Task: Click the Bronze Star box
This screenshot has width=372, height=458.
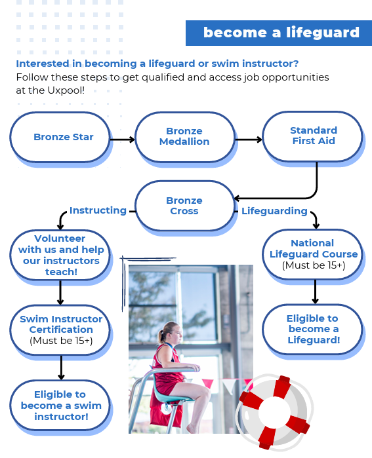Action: [x=60, y=137]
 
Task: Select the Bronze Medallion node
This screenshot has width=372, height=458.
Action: [x=185, y=137]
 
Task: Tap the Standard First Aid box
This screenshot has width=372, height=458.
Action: [x=313, y=136]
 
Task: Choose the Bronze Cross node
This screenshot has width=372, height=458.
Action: [x=185, y=206]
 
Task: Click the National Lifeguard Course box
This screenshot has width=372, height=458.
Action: [x=313, y=254]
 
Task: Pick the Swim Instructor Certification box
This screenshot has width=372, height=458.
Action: [x=60, y=330]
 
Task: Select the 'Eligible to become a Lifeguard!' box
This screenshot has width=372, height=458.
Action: [x=313, y=329]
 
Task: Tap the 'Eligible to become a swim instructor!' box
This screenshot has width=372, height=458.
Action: [x=60, y=405]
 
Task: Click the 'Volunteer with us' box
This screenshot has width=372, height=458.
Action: [x=60, y=255]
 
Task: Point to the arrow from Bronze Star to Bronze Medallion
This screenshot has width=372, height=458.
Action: [x=122, y=140]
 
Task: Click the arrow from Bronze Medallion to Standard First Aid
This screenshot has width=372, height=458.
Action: [x=249, y=140]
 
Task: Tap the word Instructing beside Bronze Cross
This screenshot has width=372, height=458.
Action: [x=98, y=210]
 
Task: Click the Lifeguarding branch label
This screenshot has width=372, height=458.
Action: [x=274, y=211]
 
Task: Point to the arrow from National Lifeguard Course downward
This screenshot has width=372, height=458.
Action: [x=316, y=292]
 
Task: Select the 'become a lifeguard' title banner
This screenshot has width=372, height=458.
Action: [x=279, y=33]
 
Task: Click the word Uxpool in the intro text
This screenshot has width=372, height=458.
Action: [x=66, y=90]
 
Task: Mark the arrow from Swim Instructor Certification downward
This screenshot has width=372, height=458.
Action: [x=61, y=368]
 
